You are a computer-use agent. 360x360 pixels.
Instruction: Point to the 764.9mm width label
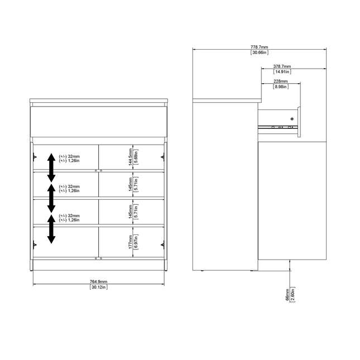click(x=98, y=282)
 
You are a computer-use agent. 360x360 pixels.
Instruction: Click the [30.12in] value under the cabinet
click(x=98, y=287)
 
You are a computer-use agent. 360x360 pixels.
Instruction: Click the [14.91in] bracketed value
click(x=282, y=72)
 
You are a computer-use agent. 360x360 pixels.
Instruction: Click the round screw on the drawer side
click(x=291, y=118)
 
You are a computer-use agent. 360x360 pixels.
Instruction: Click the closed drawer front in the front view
click(x=98, y=122)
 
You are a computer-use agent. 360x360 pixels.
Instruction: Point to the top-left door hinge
click(x=35, y=156)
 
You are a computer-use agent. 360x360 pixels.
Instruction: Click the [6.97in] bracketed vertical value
click(x=136, y=241)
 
